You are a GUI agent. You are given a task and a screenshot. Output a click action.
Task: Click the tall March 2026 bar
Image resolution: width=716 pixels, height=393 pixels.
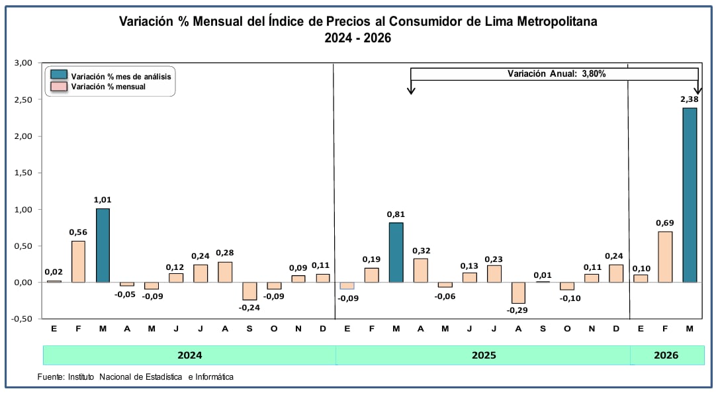[x=690, y=195]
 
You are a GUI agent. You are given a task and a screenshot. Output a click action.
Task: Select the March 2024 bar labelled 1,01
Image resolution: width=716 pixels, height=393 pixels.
[x=103, y=245]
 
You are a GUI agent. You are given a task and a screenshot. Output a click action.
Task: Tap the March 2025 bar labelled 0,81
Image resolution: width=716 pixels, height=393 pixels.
[x=396, y=253]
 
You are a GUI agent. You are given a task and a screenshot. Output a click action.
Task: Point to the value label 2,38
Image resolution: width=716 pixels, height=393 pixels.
[x=690, y=99]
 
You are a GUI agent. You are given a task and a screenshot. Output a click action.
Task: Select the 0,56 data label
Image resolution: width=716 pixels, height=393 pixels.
[x=77, y=232]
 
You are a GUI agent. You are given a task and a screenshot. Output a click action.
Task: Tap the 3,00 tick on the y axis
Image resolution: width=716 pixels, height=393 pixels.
[x=23, y=63]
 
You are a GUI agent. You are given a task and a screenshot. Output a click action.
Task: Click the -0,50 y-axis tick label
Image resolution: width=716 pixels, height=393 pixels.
[x=22, y=319]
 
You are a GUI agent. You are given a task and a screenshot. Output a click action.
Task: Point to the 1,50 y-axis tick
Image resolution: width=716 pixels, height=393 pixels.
[x=23, y=173]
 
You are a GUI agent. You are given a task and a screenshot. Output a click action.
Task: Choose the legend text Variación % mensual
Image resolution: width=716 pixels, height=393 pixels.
[x=108, y=87]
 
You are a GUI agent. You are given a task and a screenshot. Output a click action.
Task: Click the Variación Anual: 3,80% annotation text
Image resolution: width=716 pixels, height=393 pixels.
[x=557, y=74]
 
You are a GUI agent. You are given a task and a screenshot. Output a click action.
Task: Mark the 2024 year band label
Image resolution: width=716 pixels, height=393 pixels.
[x=190, y=355]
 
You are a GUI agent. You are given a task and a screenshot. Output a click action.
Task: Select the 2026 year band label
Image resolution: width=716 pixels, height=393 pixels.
[x=666, y=355]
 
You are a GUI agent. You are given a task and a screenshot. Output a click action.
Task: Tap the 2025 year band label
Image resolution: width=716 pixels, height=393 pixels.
[x=484, y=355]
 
